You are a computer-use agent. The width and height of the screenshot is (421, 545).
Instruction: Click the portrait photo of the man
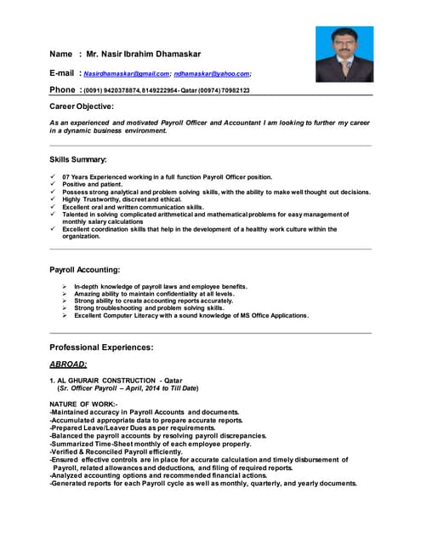coord(344,54)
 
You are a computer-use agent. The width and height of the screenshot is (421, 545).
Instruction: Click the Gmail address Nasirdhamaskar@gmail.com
coord(126,73)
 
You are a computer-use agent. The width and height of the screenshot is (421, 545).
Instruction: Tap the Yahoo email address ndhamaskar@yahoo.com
coord(212,73)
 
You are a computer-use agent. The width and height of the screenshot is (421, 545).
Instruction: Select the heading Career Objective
coord(82,106)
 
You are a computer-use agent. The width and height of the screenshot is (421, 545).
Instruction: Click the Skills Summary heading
coord(78,159)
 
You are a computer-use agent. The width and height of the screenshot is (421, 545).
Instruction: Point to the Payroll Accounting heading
coord(85,270)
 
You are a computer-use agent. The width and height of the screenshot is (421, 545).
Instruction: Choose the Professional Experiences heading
coord(101,347)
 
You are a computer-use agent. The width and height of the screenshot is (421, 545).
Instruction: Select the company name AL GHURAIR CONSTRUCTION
coord(106,380)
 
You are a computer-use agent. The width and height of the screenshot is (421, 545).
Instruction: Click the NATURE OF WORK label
coord(83,404)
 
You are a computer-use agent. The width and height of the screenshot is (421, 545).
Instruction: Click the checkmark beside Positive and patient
coord(54,184)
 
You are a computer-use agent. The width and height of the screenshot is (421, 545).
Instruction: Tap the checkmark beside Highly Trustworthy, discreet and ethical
coord(54,199)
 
